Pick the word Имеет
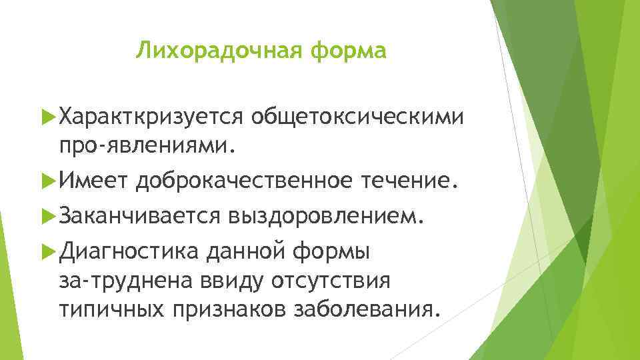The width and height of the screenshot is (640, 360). pos(93,180)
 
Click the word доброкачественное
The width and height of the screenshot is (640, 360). pos(246,180)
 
